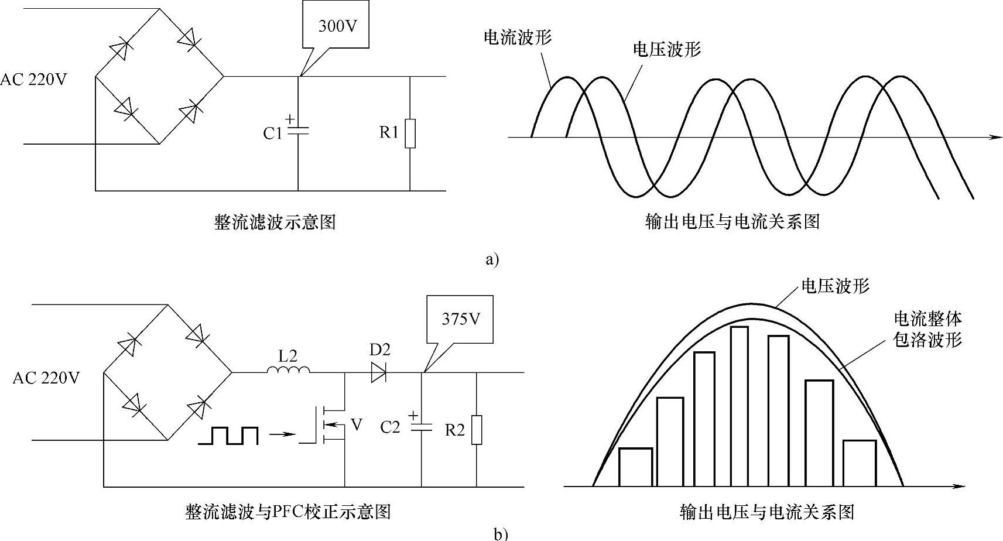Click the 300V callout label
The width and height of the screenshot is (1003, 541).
click(x=337, y=26)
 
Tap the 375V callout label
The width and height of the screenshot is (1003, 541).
click(x=461, y=319)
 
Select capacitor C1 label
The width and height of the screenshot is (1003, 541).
click(x=273, y=133)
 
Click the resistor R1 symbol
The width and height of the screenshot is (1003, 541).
click(x=410, y=133)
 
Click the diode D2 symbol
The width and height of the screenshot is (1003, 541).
click(x=379, y=372)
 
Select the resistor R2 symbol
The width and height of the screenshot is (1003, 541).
click(x=477, y=430)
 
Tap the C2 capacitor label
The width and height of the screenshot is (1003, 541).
click(x=390, y=427)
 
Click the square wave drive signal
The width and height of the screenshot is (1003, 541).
click(x=228, y=436)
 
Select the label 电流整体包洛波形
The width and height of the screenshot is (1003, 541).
click(x=928, y=329)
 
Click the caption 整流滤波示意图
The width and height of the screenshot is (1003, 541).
click(x=275, y=222)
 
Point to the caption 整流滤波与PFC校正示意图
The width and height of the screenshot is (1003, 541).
click(x=287, y=512)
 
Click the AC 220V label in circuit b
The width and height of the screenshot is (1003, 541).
click(x=46, y=378)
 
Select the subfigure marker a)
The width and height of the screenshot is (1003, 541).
click(x=492, y=259)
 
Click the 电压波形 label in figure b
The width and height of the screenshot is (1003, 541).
click(x=835, y=286)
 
